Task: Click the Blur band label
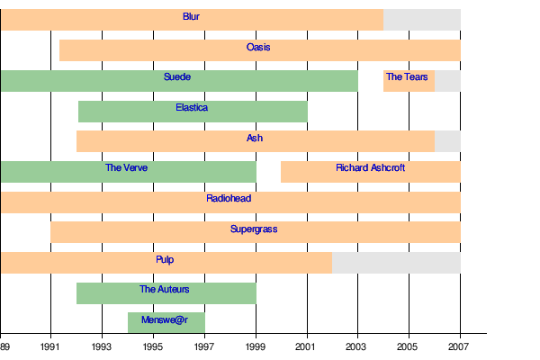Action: click(191, 17)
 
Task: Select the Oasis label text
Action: click(258, 47)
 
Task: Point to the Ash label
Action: click(255, 139)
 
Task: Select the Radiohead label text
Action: click(229, 198)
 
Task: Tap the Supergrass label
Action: click(254, 229)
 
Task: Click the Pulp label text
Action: click(165, 260)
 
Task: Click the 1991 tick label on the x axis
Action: click(50, 346)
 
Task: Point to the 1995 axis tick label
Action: click(153, 346)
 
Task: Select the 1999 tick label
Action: click(256, 346)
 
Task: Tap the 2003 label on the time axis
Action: click(358, 346)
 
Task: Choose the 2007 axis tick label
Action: click(460, 346)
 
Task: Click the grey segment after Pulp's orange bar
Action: click(396, 263)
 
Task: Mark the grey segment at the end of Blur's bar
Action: click(421, 20)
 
